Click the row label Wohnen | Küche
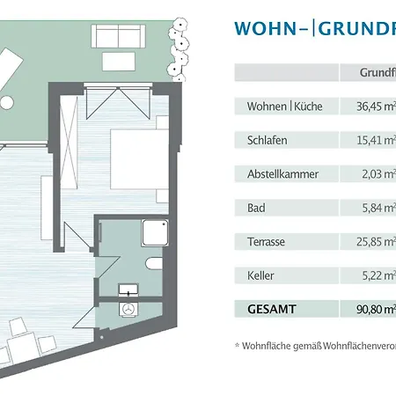[x=274, y=106]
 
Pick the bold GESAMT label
[x=262, y=310]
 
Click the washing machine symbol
[x=128, y=311]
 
